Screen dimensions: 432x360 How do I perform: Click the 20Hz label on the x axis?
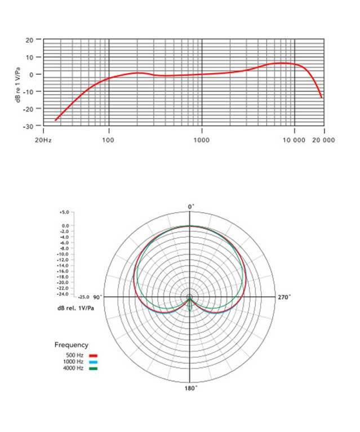[x=43, y=139]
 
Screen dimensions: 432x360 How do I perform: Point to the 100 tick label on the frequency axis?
[x=109, y=139]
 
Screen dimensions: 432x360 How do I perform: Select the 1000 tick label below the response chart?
[x=202, y=139]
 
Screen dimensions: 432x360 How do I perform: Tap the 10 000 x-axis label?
[x=294, y=139]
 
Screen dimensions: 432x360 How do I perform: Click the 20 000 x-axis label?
[x=323, y=139]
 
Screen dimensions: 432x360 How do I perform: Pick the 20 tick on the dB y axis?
[x=29, y=41]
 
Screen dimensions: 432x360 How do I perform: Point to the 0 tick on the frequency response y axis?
[x=31, y=74]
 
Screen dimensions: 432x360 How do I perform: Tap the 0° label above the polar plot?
[x=190, y=207]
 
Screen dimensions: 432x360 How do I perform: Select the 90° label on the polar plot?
[x=96, y=297]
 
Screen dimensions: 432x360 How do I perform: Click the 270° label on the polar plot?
[x=285, y=297]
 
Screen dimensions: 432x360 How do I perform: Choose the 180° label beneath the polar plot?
[x=190, y=389]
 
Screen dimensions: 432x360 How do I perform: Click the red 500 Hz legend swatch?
[x=94, y=356]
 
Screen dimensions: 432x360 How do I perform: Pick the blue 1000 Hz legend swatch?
[x=94, y=362]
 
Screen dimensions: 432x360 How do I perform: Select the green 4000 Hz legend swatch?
[x=94, y=368]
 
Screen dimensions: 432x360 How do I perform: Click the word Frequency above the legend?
[x=71, y=344]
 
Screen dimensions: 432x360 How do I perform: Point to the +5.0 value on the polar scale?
[x=64, y=213]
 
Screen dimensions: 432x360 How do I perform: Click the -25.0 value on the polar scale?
[x=84, y=296]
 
